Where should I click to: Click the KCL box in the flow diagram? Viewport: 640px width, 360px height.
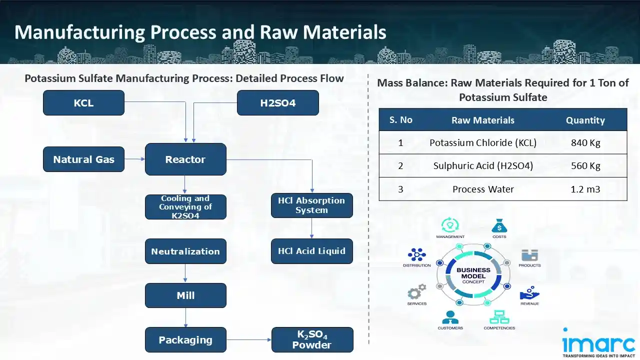pos(83,103)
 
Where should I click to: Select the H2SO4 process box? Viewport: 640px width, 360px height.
pos(277,103)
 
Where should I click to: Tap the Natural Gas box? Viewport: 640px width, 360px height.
pos(83,159)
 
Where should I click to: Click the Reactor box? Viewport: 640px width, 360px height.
pos(185,159)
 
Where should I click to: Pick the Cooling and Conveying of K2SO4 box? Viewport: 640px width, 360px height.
pos(185,207)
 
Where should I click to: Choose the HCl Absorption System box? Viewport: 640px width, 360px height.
pos(311,205)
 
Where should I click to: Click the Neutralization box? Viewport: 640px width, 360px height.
pos(185,251)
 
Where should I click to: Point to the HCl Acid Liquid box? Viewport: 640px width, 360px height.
pos(311,251)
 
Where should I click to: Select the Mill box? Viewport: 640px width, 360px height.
pos(185,295)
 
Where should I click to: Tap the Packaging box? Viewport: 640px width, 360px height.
pos(185,340)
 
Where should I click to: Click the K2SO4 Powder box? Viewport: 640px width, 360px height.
pos(312,340)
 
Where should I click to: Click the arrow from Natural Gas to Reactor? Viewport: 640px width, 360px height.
pos(134,159)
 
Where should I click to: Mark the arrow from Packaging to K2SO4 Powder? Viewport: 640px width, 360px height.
pos(248,340)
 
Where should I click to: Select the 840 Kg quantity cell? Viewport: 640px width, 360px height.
pos(585,142)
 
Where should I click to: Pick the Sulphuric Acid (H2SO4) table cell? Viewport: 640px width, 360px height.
pos(483,166)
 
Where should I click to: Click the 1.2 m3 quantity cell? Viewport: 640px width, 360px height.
pos(585,189)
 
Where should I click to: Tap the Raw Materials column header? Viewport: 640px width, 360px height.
pos(483,120)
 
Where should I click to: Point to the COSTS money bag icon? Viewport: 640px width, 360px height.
pos(499,226)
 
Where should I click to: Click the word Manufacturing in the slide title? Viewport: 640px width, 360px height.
pos(79,32)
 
